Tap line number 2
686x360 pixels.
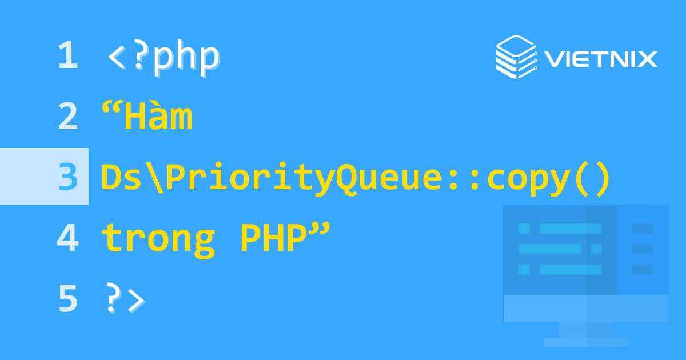click(67, 117)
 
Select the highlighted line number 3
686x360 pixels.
click(67, 177)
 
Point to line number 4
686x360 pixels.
click(67, 238)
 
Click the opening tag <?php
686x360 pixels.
click(163, 57)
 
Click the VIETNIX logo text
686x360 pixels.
click(600, 59)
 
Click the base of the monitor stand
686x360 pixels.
click(585, 342)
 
